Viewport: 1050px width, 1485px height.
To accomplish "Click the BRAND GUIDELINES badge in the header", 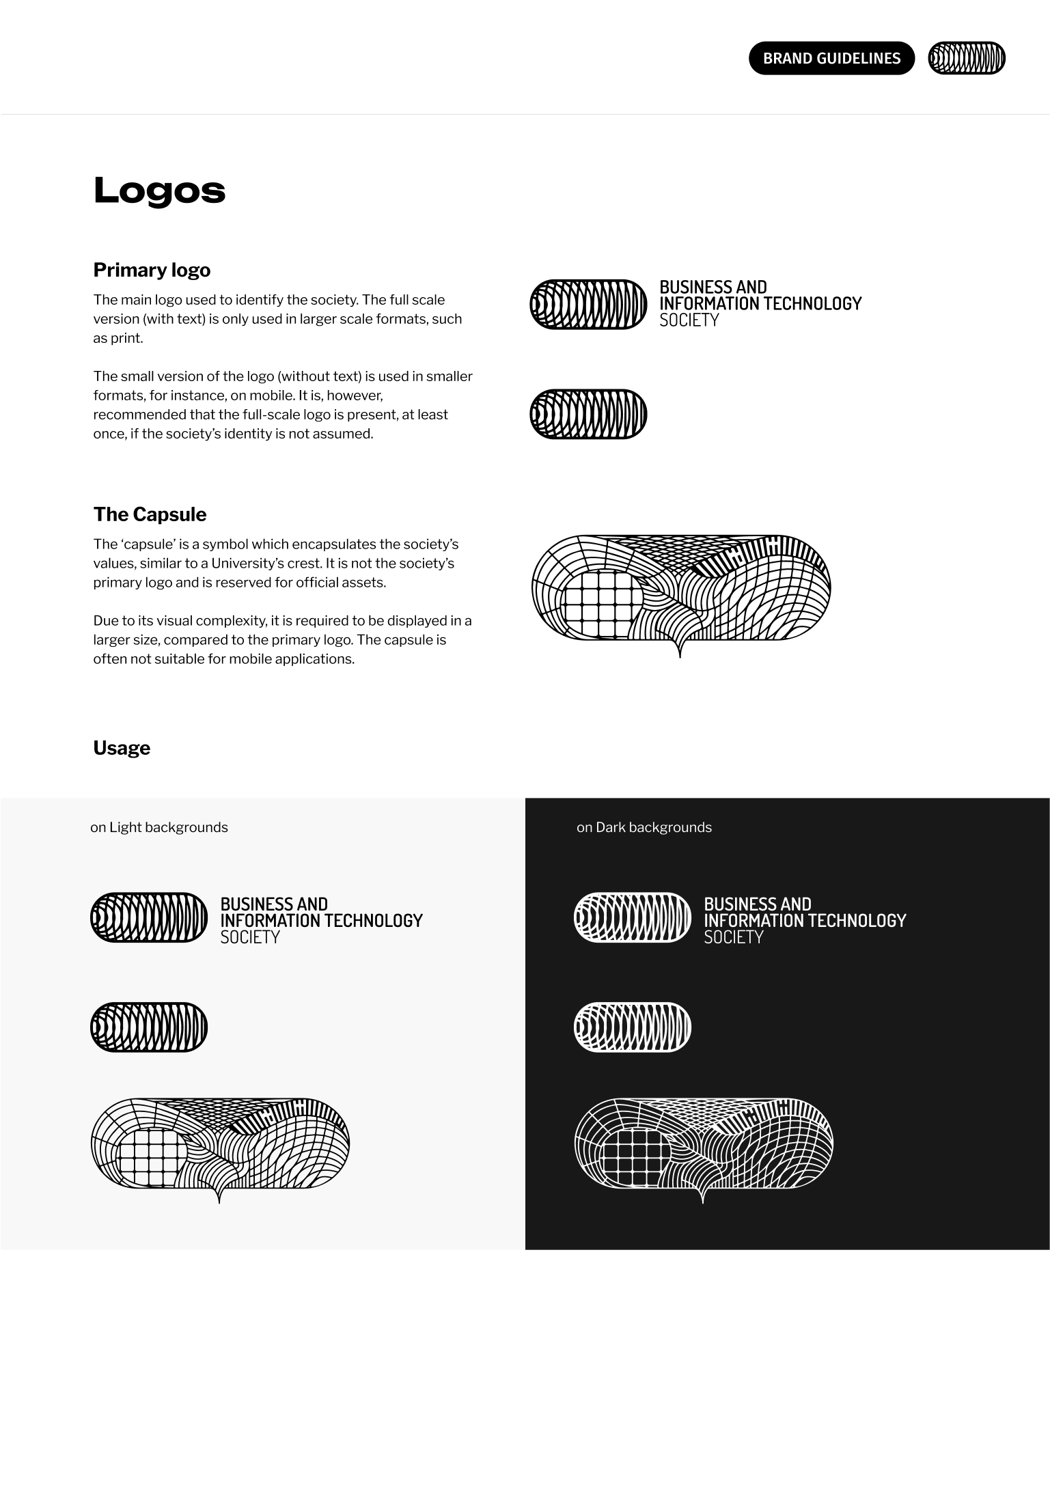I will (831, 59).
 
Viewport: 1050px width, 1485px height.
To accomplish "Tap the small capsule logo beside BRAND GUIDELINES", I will (967, 58).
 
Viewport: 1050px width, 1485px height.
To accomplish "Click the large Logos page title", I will (159, 191).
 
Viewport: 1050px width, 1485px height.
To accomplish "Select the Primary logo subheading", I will (152, 270).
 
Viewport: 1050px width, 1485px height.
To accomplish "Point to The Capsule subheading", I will (150, 514).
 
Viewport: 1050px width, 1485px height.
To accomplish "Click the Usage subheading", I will (122, 748).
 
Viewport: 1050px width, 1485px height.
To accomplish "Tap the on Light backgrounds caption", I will (159, 827).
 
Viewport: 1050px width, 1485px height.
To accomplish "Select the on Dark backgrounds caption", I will (644, 827).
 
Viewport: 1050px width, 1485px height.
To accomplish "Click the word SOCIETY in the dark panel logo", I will (734, 937).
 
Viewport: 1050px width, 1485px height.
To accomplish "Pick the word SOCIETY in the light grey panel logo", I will (250, 937).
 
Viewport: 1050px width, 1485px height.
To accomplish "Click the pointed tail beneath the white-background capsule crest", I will (680, 649).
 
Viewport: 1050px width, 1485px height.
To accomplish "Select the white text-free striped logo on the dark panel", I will (633, 1027).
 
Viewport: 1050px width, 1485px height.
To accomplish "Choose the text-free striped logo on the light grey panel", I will (149, 1027).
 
